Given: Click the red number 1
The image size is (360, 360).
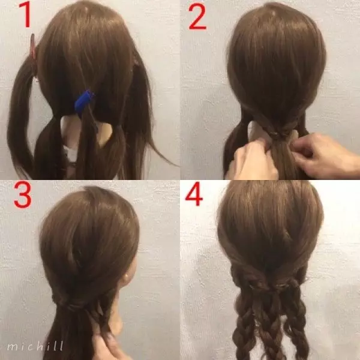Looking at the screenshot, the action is [26, 14].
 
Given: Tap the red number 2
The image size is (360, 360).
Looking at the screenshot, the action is [197, 17].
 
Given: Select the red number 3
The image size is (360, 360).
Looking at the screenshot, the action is [22, 195].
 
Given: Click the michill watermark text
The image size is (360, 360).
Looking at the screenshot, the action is [35, 346].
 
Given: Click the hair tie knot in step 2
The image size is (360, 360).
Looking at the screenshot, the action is [278, 134].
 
